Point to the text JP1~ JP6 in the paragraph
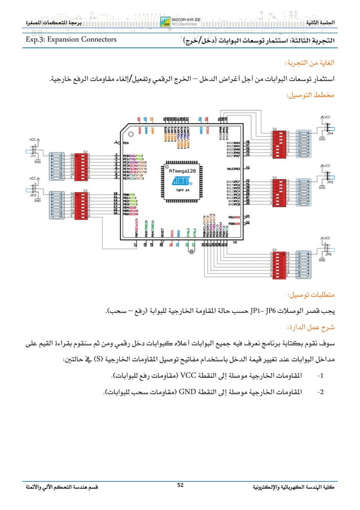[x=266, y=311]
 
